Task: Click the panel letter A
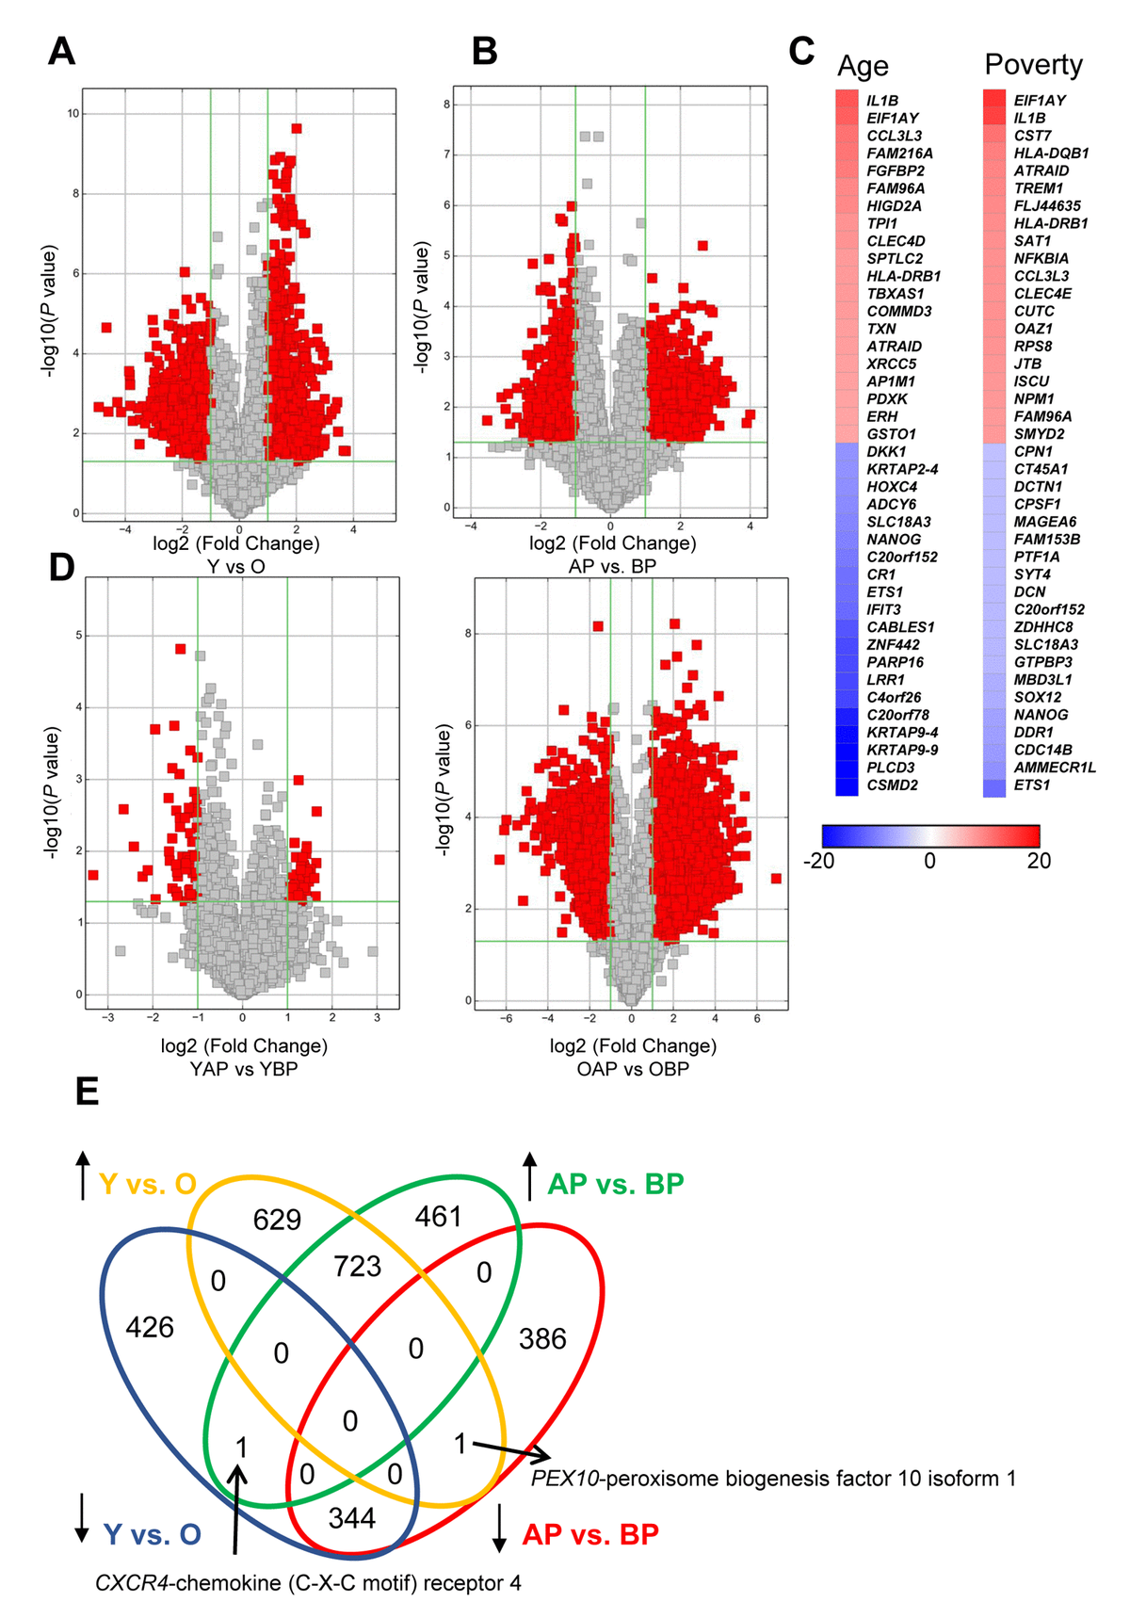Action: pos(61,51)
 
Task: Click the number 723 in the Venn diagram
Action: pos(357,1266)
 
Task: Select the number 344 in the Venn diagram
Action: pos(352,1517)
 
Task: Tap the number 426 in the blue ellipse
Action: pos(150,1327)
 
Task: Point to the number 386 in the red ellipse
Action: pos(542,1338)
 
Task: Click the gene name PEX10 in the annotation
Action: pos(565,1479)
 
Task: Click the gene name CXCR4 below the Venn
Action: pos(134,1583)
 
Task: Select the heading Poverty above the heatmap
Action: pos(1033,64)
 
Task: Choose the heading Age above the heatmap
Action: pos(863,66)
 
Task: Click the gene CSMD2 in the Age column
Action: pos(892,785)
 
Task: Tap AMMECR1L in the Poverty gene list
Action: pos(1055,768)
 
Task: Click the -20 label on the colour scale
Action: pos(818,861)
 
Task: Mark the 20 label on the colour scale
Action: pos(1039,861)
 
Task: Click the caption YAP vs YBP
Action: pos(244,1069)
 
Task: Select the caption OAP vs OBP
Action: pos(633,1069)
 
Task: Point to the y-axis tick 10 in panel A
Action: pos(73,114)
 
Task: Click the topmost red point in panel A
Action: pos(297,128)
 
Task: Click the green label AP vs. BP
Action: pos(616,1184)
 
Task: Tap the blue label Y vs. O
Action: pos(152,1534)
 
